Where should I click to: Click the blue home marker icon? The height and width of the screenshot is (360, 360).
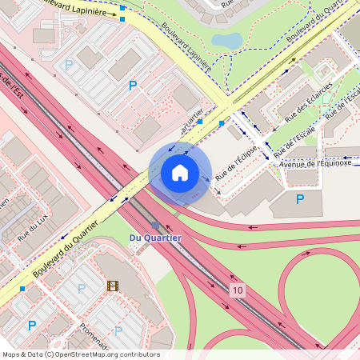[x=180, y=173]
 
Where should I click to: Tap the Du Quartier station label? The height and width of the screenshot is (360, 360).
[x=155, y=238]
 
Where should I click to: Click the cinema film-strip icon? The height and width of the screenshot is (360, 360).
[x=112, y=286]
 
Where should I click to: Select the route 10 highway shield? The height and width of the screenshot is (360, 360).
[x=237, y=290]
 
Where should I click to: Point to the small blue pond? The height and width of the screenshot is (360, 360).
[x=227, y=40]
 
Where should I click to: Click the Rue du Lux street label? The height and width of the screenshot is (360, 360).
[x=34, y=228]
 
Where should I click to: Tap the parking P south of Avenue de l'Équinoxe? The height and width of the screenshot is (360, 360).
[x=300, y=198]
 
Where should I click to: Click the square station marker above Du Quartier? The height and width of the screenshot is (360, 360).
[x=155, y=226]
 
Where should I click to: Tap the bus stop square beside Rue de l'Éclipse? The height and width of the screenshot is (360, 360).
[x=222, y=123]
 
